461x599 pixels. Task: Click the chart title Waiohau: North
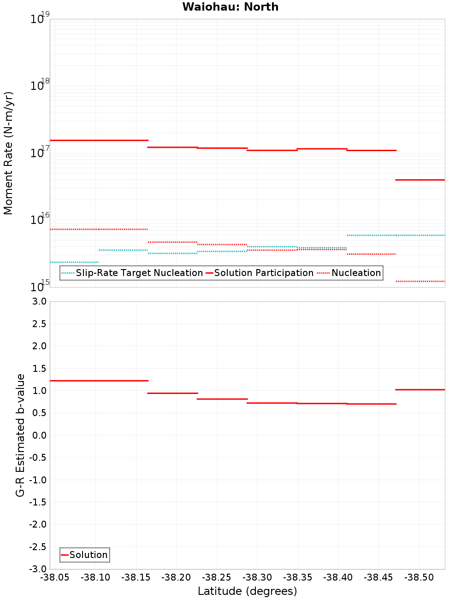pos(230,7)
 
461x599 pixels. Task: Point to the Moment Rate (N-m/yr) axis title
pos(8,153)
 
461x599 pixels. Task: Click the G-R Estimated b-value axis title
pos(20,435)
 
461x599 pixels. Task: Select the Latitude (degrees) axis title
pos(247,591)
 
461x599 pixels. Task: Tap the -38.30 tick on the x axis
pos(257,578)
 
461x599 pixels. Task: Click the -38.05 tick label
pos(55,578)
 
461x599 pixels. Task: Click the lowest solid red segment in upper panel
pos(420,180)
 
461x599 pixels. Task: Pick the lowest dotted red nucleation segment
pos(420,281)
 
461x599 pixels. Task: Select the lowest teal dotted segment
pos(74,262)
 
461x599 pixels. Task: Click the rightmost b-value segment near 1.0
pos(420,390)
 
